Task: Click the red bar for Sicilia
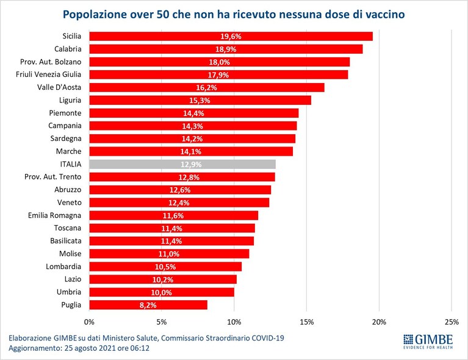pos(231,37)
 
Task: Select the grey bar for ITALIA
pos(182,165)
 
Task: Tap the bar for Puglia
pos(148,305)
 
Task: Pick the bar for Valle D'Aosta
pos(207,87)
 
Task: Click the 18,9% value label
pos(226,49)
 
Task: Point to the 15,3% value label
pos(200,100)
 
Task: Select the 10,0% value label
pos(162,292)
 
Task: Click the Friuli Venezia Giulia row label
pos(48,74)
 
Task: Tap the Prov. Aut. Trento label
pos(53,177)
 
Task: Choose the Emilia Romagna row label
pos(55,215)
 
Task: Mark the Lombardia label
pos(63,266)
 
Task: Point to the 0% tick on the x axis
pos(89,322)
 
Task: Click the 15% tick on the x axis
pos(306,322)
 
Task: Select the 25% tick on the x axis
pos(452,322)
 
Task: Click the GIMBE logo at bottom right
pos(428,342)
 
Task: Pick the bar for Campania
pos(193,126)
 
